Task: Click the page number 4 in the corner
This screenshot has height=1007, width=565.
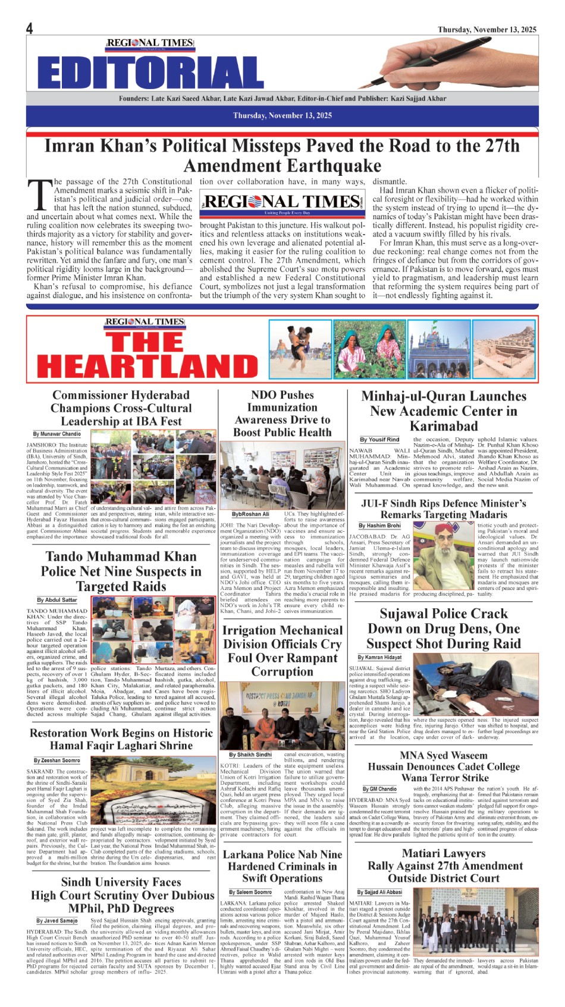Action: (30, 28)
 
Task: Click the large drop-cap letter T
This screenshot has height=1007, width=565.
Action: (39, 194)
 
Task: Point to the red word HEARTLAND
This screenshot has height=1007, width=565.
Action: (147, 364)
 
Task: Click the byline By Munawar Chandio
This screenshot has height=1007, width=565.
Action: (57, 434)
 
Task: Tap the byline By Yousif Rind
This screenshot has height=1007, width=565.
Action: (379, 440)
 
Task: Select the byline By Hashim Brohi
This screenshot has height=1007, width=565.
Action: (379, 526)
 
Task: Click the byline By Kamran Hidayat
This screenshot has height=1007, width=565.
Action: (379, 658)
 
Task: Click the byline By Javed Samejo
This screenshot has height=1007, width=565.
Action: (57, 921)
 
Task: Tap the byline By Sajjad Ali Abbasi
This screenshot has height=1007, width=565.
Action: (379, 892)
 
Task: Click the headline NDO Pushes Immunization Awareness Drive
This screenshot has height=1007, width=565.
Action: (282, 413)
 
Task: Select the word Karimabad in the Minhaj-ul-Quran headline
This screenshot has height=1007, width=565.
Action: (444, 426)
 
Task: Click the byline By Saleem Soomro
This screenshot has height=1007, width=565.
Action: (250, 892)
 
